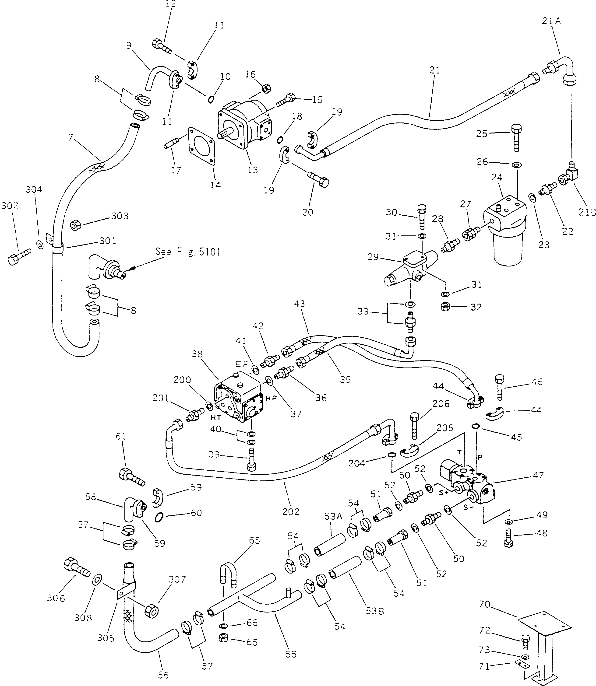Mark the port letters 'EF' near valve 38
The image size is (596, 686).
(x=242, y=364)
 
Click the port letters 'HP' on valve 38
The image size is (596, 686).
(x=271, y=398)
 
